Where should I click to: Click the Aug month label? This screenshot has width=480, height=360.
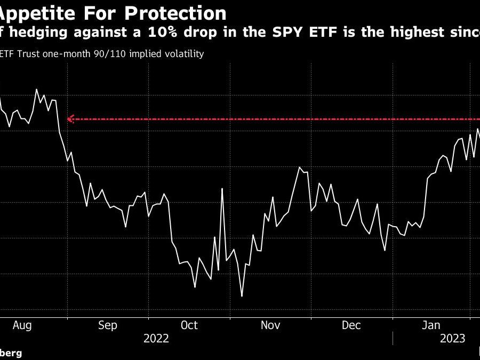click(x=22, y=325)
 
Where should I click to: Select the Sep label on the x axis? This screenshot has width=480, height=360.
click(x=108, y=325)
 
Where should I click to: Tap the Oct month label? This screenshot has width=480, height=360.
click(x=189, y=325)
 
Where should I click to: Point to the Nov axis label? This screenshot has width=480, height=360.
click(x=270, y=325)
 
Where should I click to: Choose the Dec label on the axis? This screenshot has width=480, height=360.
click(x=352, y=325)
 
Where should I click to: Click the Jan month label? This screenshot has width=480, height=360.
click(x=431, y=325)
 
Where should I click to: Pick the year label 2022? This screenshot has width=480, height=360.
click(x=157, y=338)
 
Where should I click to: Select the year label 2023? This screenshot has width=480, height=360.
click(x=452, y=338)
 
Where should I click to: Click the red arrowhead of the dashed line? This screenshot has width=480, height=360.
click(x=70, y=119)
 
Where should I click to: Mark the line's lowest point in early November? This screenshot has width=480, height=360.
click(x=242, y=296)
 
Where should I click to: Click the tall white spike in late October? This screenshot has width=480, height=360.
click(x=222, y=189)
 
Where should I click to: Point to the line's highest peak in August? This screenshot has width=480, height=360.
click(x=36, y=89)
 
